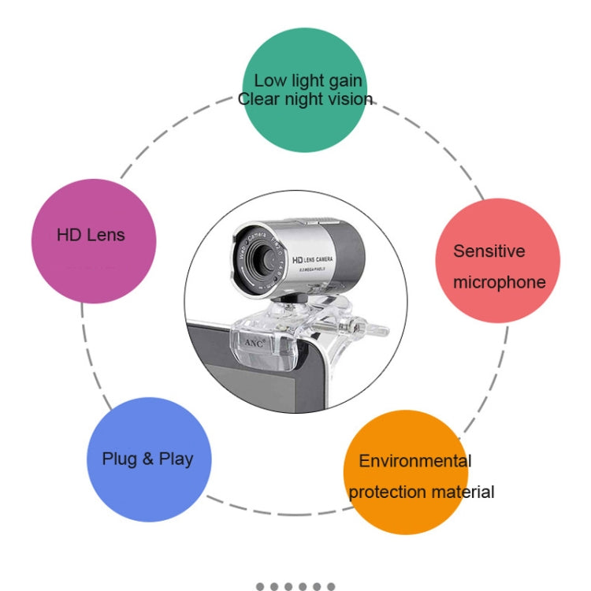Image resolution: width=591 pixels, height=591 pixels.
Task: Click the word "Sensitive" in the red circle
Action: [x=489, y=251]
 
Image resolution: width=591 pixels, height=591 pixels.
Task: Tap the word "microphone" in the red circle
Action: [x=499, y=282]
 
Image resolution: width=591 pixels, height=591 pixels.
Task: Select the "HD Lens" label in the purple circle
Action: [x=91, y=235]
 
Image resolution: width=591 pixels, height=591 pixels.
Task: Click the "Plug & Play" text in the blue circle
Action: [x=147, y=459]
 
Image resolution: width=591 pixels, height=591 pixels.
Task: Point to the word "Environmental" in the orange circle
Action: [x=415, y=461]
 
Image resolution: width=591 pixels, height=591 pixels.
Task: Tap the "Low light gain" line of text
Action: [x=308, y=80]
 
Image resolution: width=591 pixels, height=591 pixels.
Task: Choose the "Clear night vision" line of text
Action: [x=305, y=99]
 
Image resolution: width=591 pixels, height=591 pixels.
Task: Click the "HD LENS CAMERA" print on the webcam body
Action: [x=314, y=259]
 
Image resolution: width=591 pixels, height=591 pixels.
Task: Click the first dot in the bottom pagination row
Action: [x=260, y=586]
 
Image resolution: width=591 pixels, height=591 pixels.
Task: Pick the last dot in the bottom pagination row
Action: [x=331, y=586]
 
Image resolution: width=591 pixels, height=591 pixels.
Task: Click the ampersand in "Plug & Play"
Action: [x=147, y=459]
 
